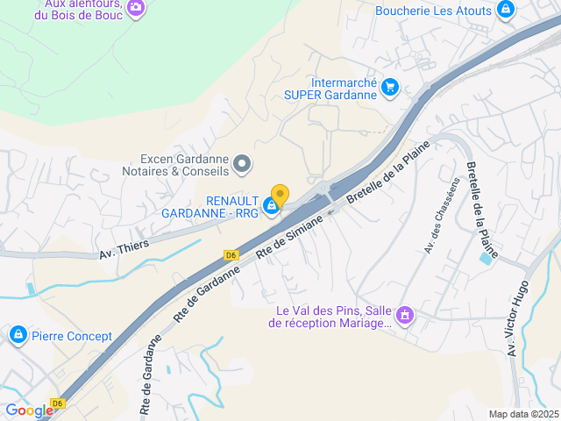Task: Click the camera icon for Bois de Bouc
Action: [x=136, y=8]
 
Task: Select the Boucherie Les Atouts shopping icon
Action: [x=505, y=10]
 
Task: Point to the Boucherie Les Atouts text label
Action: [x=432, y=11]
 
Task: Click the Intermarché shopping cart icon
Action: [x=390, y=87]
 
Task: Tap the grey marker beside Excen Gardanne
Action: [x=244, y=162]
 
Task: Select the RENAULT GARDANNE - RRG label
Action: [x=209, y=207]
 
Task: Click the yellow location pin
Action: [x=280, y=195]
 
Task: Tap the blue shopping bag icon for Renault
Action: [x=273, y=205]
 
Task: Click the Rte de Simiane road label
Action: [x=289, y=237]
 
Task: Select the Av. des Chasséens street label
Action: [x=441, y=216]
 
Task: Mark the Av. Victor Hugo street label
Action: [x=517, y=317]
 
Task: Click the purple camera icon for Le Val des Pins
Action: [x=404, y=314]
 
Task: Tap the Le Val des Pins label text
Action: [x=332, y=317]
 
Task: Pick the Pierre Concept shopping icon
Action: [x=18, y=335]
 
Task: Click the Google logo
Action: [x=29, y=410]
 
